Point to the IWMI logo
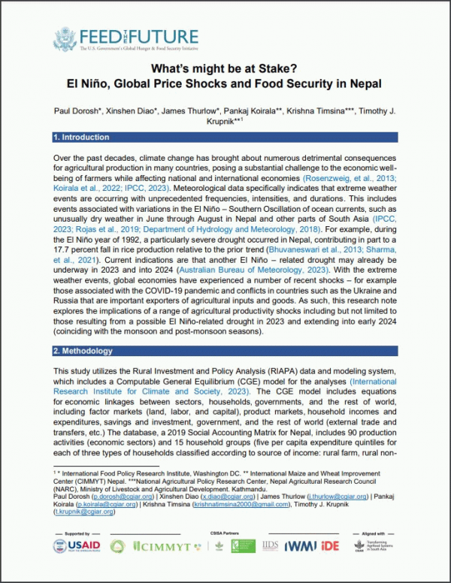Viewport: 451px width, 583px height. pos(305,548)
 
